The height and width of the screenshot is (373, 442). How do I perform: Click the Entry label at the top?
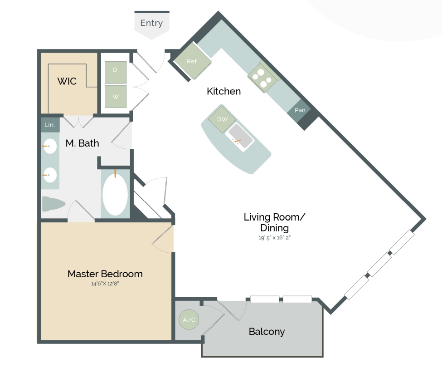tap(151, 23)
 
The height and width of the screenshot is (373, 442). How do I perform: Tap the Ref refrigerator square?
tap(193, 61)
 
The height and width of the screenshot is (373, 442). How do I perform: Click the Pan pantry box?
tap(300, 110)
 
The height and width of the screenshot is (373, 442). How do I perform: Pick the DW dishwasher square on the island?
tap(222, 119)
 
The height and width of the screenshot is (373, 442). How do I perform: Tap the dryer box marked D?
tap(116, 70)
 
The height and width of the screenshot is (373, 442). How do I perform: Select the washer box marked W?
tap(116, 96)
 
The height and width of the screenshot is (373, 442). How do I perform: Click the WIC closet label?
tap(67, 82)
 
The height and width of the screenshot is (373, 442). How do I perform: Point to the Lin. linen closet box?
tap(50, 124)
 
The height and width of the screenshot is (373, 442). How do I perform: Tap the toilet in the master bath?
tap(53, 204)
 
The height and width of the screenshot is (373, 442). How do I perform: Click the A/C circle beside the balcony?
tap(189, 320)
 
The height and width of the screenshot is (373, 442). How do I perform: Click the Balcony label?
tap(267, 332)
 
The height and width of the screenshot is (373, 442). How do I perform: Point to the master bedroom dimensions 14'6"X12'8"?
tap(105, 284)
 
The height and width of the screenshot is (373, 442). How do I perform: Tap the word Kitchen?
tap(223, 91)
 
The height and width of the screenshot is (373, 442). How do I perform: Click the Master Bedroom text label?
tap(105, 274)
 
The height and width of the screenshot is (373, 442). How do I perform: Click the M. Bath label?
tap(82, 143)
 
